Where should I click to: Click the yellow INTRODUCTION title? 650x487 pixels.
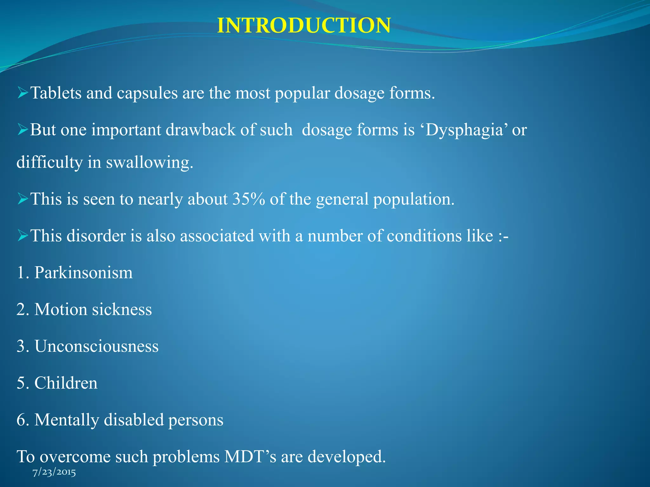click(304, 25)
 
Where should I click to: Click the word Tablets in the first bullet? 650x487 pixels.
click(56, 93)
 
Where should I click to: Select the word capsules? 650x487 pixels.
click(147, 93)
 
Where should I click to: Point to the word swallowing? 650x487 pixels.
click(149, 162)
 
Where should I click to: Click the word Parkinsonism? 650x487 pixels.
click(83, 273)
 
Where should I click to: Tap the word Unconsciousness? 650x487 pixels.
click(96, 346)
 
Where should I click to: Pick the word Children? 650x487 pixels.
click(66, 383)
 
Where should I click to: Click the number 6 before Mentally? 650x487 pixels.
click(21, 420)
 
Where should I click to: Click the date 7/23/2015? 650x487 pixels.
click(54, 472)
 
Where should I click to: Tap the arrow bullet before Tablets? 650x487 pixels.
click(23, 93)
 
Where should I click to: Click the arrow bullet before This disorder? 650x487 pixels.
click(23, 236)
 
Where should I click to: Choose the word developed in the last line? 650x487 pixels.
click(346, 457)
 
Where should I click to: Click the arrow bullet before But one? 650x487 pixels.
click(23, 130)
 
